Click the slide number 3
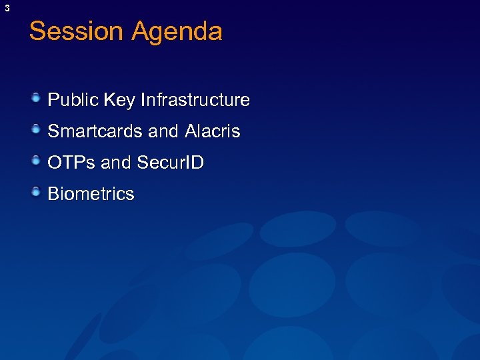click(7, 8)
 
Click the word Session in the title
click(76, 31)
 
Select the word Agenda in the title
click(177, 32)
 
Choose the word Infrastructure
click(195, 100)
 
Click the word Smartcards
click(96, 131)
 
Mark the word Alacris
click(212, 131)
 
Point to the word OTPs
click(72, 163)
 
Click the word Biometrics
click(91, 194)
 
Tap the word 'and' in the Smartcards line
click(163, 131)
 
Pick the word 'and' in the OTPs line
click(116, 163)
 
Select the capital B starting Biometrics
click(53, 194)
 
